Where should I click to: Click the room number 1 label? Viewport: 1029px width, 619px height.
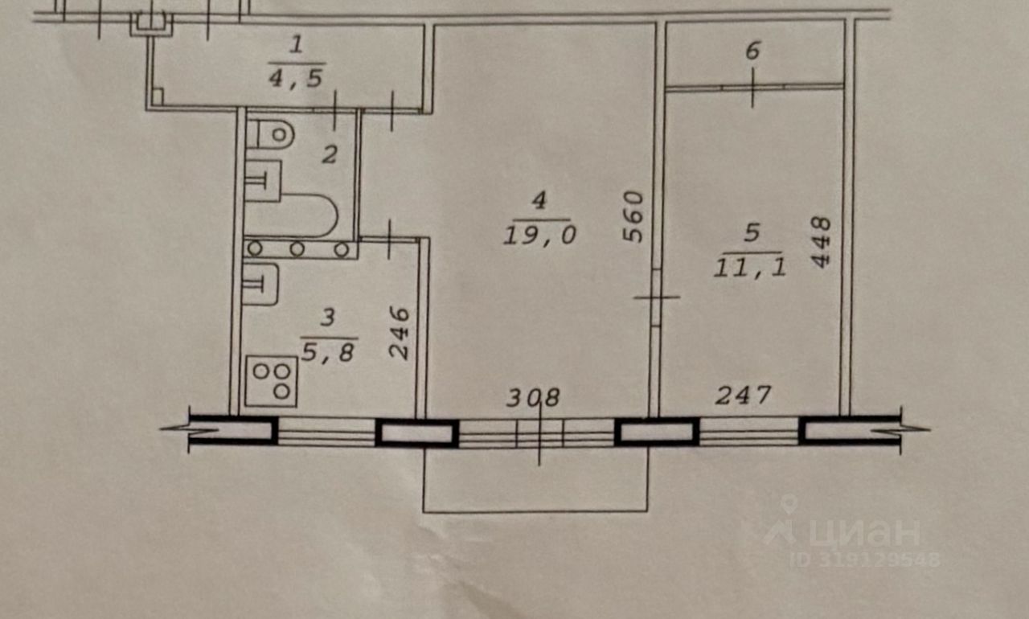pyautogui.click(x=297, y=45)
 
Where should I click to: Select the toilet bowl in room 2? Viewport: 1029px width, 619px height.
pyautogui.click(x=270, y=133)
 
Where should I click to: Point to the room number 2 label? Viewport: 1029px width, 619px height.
pyautogui.click(x=329, y=154)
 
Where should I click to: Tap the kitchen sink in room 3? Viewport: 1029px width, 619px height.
pyautogui.click(x=261, y=284)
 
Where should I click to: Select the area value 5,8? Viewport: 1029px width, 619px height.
pyautogui.click(x=327, y=351)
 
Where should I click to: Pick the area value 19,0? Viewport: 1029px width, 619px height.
pyautogui.click(x=540, y=235)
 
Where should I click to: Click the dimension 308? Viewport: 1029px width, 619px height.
pyautogui.click(x=533, y=397)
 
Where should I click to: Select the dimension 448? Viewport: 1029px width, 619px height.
pyautogui.click(x=820, y=241)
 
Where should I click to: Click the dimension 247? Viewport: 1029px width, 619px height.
pyautogui.click(x=744, y=395)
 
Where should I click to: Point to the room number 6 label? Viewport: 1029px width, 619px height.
pyautogui.click(x=752, y=51)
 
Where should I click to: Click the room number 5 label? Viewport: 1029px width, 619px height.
pyautogui.click(x=752, y=233)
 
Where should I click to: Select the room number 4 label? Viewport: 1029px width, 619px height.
pyautogui.click(x=539, y=201)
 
